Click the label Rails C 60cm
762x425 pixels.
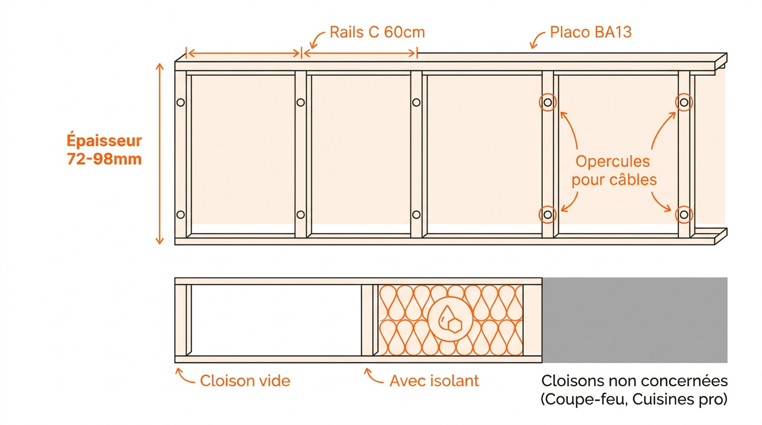click(377, 32)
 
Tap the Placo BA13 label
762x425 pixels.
click(590, 32)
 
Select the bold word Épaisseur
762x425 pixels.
click(104, 141)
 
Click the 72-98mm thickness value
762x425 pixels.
click(104, 159)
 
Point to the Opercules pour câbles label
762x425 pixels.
click(614, 170)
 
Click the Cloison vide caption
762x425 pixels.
click(245, 381)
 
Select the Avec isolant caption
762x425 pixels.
click(434, 381)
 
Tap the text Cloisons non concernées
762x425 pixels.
click(635, 381)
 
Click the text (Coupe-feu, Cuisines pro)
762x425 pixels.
click(634, 399)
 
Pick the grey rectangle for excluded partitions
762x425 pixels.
click(635, 320)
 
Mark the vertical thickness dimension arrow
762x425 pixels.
click(159, 154)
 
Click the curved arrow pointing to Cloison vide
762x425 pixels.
click(185, 376)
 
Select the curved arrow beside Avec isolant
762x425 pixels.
click(373, 376)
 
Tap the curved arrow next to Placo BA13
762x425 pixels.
click(537, 40)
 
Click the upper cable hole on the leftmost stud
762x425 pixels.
click(181, 102)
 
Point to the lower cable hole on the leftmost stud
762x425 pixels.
click(181, 215)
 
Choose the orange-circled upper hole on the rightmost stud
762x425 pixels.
click(684, 102)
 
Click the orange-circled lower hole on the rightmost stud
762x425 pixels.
click(684, 215)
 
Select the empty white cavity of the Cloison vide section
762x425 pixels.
click(276, 320)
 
